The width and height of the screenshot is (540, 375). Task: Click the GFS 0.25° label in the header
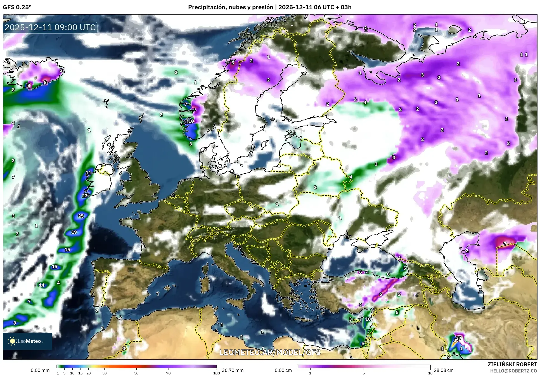(x=17, y=7)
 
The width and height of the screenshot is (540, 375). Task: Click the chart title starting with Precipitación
(x=270, y=7)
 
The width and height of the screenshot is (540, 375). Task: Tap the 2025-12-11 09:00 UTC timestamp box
(x=50, y=27)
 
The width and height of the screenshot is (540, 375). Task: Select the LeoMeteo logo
(x=27, y=341)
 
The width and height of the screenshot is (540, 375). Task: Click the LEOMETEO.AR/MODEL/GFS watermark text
(x=270, y=352)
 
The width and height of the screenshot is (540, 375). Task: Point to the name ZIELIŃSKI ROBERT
(x=512, y=364)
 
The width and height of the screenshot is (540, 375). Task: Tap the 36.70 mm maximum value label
(x=233, y=370)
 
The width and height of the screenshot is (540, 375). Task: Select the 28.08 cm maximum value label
(x=444, y=370)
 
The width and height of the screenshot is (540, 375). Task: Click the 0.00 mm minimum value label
(x=40, y=370)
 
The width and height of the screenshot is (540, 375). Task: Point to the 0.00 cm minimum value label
(x=283, y=370)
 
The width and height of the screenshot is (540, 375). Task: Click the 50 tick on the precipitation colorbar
(x=136, y=373)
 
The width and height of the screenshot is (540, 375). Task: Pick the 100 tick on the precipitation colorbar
(x=216, y=373)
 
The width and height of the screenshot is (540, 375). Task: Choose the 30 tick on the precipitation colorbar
(x=105, y=373)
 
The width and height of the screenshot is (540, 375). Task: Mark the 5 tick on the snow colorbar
(x=364, y=373)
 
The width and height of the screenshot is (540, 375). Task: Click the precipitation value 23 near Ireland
(x=85, y=196)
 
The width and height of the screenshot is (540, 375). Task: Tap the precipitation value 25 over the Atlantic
(x=81, y=216)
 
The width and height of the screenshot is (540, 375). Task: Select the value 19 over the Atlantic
(x=74, y=232)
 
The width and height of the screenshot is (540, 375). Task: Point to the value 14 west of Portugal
(x=42, y=285)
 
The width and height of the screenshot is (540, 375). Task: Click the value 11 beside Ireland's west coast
(x=88, y=173)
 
